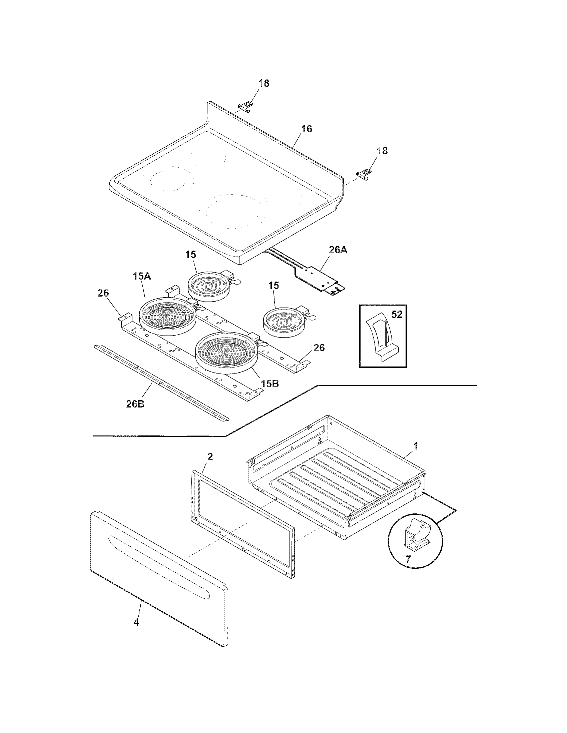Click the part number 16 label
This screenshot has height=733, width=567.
coord(306,129)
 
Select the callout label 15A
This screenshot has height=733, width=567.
coord(141,277)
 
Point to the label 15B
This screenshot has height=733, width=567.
coord(270,383)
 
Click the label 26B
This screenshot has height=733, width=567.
coord(135,404)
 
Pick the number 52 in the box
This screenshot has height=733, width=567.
coord(397,315)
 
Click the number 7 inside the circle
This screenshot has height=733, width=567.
coord(408,559)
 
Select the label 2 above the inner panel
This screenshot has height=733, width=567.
coord(210,456)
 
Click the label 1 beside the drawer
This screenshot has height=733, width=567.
coord(415,446)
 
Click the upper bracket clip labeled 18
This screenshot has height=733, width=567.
coord(245,106)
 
